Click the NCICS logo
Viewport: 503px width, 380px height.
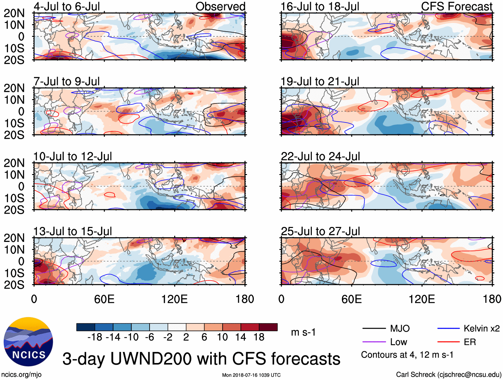tap(28, 342)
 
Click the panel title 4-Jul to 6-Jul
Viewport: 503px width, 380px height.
tap(67, 7)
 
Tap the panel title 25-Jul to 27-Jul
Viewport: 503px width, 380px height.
tap(320, 231)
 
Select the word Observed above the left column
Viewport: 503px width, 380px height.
tap(220, 7)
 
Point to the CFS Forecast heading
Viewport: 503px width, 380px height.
tap(456, 7)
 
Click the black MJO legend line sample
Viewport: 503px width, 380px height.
tap(374, 329)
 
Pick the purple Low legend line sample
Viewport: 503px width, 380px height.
tap(374, 342)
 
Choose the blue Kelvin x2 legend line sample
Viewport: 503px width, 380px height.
tap(448, 329)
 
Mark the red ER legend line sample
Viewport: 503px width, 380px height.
tap(448, 342)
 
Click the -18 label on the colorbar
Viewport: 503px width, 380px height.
tap(95, 337)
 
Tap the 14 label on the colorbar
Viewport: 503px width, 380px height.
tap(241, 337)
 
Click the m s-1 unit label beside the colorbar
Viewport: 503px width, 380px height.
tap(303, 332)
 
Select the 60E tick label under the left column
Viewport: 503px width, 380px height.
tap(104, 299)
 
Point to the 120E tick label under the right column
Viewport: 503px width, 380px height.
tap(422, 299)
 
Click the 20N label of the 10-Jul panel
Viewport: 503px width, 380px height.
tap(14, 163)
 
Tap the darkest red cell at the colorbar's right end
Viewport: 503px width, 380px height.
tap(268, 327)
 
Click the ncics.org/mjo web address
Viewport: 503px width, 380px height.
tap(21, 375)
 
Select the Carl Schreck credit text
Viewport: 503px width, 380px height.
tap(448, 375)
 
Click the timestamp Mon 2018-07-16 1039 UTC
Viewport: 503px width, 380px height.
tap(251, 375)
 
